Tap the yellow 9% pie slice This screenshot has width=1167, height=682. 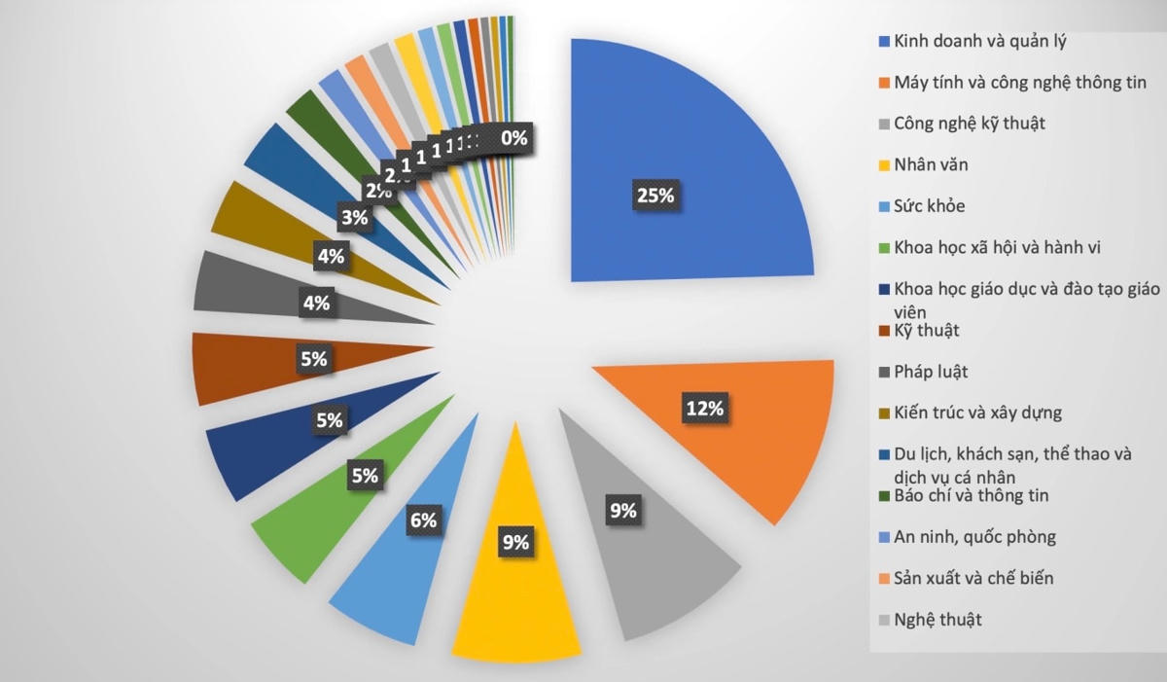(x=516, y=584)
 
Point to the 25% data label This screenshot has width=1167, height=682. (x=654, y=196)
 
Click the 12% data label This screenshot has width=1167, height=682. (x=704, y=409)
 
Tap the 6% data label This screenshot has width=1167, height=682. (x=423, y=520)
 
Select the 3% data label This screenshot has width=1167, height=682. (x=354, y=218)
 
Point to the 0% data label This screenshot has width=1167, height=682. (x=513, y=139)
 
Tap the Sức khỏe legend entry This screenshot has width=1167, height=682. (x=929, y=206)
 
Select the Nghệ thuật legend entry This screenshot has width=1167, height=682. (x=937, y=619)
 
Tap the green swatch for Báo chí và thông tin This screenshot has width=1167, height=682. (x=883, y=496)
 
